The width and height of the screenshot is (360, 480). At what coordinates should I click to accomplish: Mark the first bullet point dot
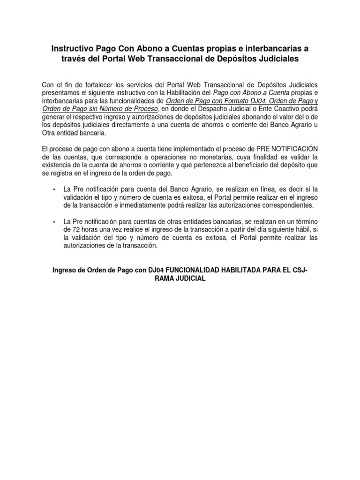[x=55, y=189]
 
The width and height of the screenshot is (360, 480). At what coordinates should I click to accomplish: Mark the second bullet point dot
[x=55, y=221]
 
